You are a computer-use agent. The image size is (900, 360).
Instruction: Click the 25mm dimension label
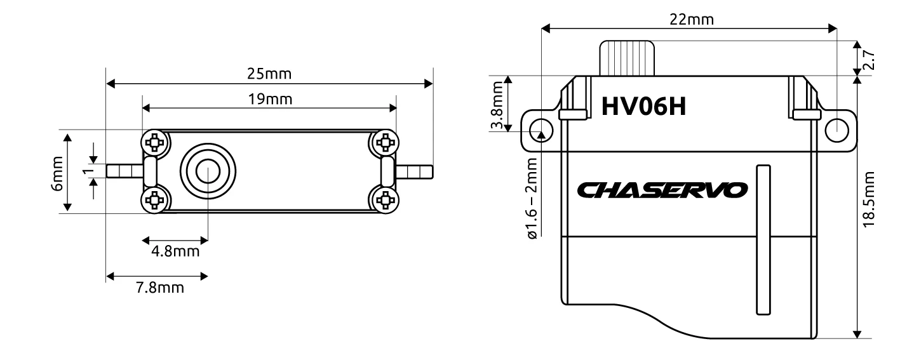269,74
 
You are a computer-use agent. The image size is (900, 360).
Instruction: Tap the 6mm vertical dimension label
58,172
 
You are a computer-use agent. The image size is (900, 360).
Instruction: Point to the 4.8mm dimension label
175,252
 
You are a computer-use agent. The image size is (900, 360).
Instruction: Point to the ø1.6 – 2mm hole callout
531,197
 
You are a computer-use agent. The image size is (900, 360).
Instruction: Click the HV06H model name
643,107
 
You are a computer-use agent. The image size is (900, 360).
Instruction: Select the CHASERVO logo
663,190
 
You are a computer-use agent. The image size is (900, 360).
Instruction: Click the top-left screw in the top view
154,142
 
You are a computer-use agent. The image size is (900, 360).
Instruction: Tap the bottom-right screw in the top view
384,201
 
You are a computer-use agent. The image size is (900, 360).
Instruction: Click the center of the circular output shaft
207,171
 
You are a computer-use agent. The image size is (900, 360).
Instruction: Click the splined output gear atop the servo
628,58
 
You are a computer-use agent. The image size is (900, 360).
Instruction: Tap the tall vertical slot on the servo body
763,239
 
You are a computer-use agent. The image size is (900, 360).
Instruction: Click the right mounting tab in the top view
414,171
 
